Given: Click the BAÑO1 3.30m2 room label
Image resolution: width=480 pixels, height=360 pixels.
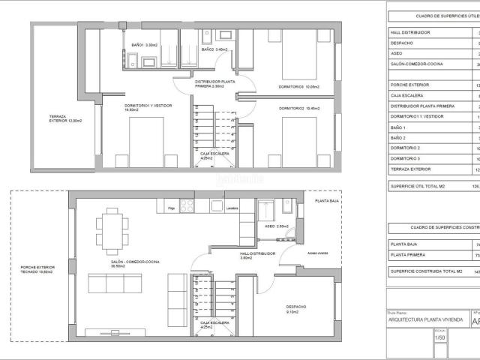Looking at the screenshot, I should coord(143,46).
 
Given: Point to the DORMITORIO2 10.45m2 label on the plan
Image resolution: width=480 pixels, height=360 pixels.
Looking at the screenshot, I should coord(299,109).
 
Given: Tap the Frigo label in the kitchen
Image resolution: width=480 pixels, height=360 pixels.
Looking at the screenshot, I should coord(172,208).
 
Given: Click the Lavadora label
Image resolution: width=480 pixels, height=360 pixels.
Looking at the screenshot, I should coord(232,208).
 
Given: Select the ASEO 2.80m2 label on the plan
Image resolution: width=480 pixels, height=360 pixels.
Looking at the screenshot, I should coord(277,226).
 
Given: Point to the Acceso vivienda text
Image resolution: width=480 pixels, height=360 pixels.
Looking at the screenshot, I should coord(318,253).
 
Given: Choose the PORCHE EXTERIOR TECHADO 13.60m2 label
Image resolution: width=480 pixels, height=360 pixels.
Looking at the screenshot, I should coord(37,269).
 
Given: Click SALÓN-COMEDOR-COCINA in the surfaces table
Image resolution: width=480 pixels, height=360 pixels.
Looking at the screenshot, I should coord(416,64).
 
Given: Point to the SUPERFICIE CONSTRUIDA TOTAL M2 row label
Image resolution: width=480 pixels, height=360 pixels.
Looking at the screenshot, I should coord(424,271).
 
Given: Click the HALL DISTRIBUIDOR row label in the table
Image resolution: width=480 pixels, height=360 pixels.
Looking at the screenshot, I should coord(411,32).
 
